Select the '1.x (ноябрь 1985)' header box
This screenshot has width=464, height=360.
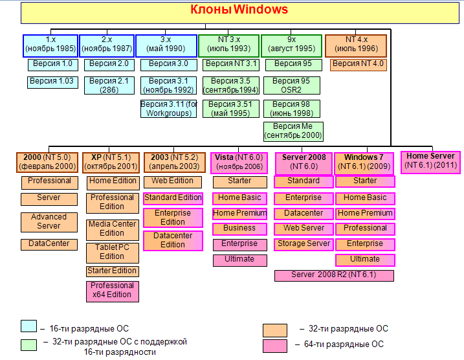coord(50,45)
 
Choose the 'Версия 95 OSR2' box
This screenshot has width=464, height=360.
coord(293,85)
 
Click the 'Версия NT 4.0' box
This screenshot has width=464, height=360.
coord(358,64)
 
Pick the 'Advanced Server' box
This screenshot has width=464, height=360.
coord(49,221)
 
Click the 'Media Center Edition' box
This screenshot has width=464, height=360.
coord(112,229)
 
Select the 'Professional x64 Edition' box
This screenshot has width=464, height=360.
coord(112,290)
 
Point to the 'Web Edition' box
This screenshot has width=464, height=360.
coord(173,181)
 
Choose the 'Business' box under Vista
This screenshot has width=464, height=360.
coord(239,229)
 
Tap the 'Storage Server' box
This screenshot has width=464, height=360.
coord(304,244)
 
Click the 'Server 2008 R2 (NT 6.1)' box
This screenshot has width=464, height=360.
coord(334,275)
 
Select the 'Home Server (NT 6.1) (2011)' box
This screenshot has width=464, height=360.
coord(430,161)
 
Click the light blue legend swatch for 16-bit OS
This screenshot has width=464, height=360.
coord(28,326)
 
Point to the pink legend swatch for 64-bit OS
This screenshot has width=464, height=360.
coord(274,346)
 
